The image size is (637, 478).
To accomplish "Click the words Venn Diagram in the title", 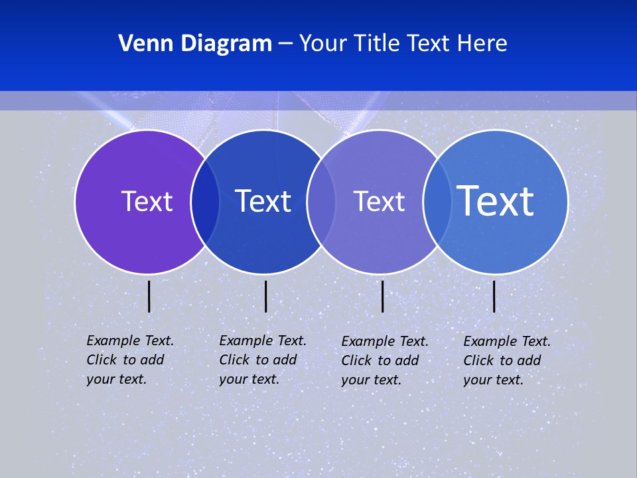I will tap(195, 44).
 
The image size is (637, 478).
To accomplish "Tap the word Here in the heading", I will tap(481, 44).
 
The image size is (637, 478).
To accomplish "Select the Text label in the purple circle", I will tap(147, 201).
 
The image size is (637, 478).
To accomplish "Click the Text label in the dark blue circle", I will tap(263, 201).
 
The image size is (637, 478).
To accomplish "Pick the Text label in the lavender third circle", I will tap(379, 201).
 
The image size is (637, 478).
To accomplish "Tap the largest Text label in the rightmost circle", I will tap(496, 200).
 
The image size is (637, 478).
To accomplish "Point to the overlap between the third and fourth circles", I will tap(437, 201).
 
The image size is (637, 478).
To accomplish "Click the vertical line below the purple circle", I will tap(149, 296).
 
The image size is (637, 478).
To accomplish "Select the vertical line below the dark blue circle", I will tap(265, 296).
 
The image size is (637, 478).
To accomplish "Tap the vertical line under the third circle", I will tap(382, 296).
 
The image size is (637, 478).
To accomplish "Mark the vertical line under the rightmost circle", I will tap(494, 296).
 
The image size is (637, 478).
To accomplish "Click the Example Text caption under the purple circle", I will tap(130, 360).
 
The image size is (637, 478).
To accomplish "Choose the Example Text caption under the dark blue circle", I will tap(263, 360).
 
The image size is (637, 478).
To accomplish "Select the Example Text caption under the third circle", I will tap(385, 360).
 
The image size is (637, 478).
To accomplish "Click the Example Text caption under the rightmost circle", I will tap(507, 360).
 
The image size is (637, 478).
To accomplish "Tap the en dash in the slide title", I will tap(285, 44).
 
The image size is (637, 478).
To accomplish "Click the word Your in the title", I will tap(322, 44).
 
